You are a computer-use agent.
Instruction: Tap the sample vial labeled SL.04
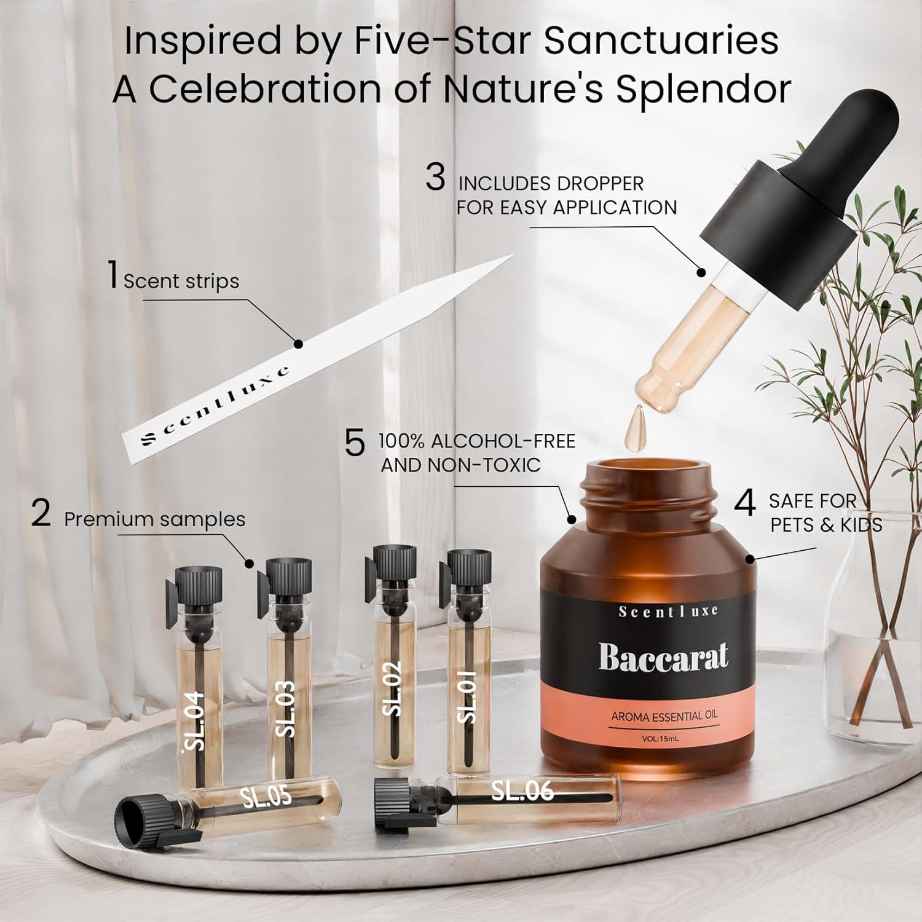pos(195,676)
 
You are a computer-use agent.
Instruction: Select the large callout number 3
pos(435,178)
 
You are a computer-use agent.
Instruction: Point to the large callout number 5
pos(355,444)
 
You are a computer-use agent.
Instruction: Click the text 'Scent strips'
pos(181,282)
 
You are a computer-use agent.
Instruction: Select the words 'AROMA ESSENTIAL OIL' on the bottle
pos(664,715)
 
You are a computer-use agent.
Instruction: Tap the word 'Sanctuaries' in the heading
pos(661,42)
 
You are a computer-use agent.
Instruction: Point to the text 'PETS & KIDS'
pos(826,526)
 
